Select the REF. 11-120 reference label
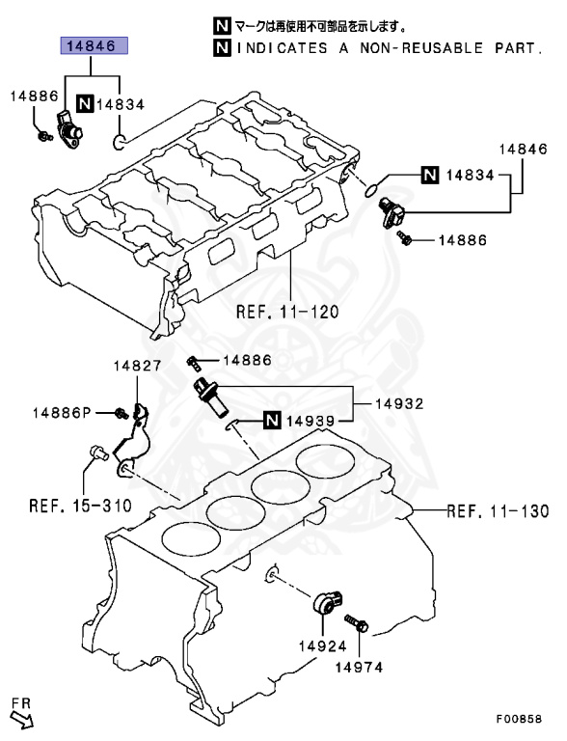point(288,313)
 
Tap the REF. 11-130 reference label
point(498,510)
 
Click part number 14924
point(322,644)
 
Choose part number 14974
point(357,666)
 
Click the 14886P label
point(61,413)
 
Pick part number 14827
point(135,367)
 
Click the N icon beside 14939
point(272,420)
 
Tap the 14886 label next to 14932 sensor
point(248,360)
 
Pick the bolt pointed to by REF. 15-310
point(95,451)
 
